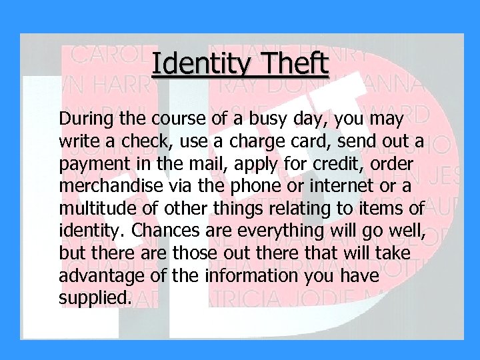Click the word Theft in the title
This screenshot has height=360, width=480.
point(295,65)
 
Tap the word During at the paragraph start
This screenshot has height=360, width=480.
point(83,119)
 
